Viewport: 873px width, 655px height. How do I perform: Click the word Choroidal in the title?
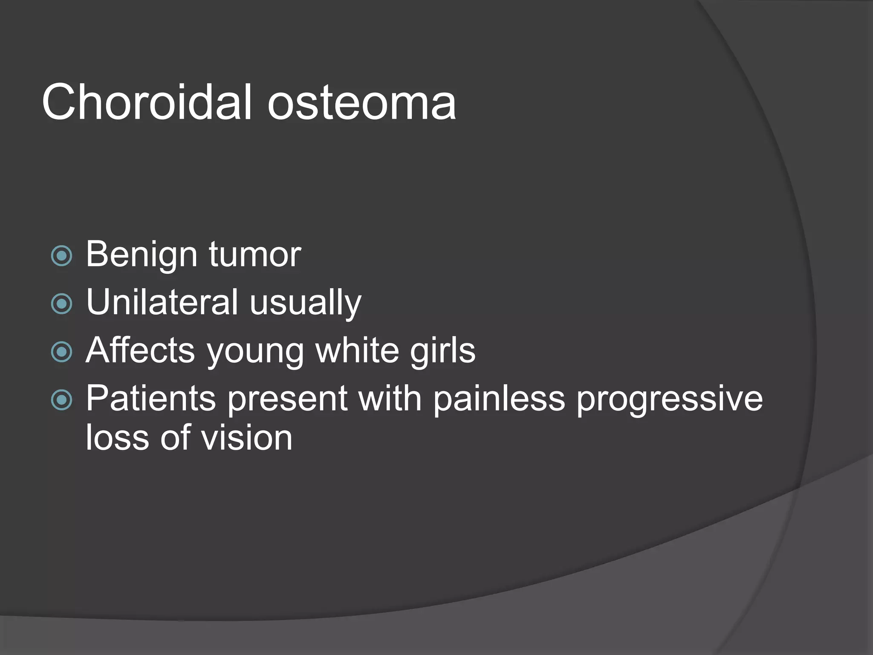(x=147, y=102)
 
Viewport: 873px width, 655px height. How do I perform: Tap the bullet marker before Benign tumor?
(x=62, y=256)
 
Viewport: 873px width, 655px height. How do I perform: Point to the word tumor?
(x=255, y=255)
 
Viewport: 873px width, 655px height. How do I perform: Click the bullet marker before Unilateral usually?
(x=62, y=304)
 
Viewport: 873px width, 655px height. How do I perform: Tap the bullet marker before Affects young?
(x=62, y=352)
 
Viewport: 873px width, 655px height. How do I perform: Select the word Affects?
(x=140, y=350)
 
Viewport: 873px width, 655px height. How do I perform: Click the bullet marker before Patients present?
(x=62, y=400)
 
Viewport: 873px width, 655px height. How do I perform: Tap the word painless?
(x=499, y=399)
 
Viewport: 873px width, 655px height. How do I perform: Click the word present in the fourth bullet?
(x=287, y=399)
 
